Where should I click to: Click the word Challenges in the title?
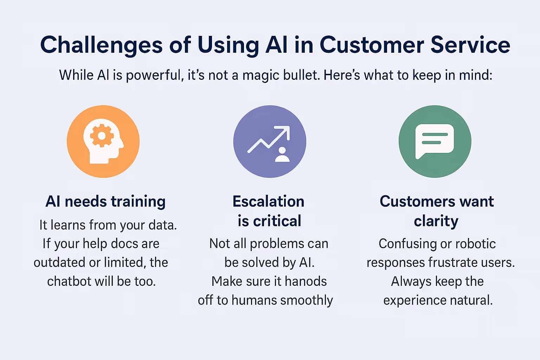[x=102, y=45]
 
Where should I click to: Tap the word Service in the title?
[x=470, y=45]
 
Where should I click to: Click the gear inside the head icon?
[x=102, y=136]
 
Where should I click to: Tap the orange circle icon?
[x=103, y=142]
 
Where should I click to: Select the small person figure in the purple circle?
[x=282, y=155]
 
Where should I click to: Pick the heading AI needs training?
[x=105, y=201]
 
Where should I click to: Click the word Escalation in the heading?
[x=269, y=201]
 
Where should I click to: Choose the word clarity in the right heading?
[x=436, y=221]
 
